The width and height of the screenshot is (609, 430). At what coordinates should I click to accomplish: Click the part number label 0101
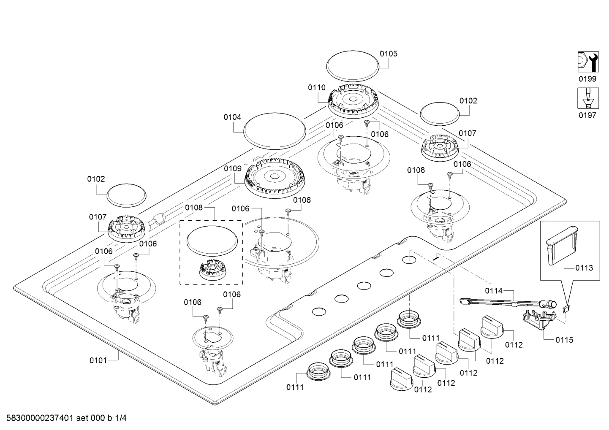[x=98, y=360]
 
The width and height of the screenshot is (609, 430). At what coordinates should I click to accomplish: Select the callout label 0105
[x=389, y=54]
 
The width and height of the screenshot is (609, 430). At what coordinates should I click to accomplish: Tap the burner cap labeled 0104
[x=275, y=131]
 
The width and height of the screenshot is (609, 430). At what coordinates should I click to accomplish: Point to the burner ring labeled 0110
[x=353, y=101]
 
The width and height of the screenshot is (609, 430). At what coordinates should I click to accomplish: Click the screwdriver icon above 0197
[x=588, y=98]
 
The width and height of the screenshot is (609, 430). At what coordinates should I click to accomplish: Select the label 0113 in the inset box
[x=584, y=268]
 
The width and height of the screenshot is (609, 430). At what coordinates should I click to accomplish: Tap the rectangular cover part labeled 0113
[x=562, y=245]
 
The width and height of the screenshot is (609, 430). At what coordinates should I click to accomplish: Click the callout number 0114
[x=494, y=291]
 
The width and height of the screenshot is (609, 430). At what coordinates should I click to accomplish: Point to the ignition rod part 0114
[x=508, y=303]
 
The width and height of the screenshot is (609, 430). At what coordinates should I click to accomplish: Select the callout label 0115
[x=564, y=340]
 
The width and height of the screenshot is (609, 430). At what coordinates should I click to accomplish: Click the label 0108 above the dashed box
[x=194, y=208]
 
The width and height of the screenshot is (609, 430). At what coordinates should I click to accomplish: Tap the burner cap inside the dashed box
[x=212, y=241]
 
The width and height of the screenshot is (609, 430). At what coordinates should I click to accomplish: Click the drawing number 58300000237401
[x=40, y=418]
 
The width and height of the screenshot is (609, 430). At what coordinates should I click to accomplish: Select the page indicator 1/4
[x=121, y=418]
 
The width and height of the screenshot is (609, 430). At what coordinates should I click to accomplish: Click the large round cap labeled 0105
[x=353, y=66]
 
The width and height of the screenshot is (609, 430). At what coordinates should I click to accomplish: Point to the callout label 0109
[x=233, y=169]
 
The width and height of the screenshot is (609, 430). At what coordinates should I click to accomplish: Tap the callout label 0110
[x=317, y=87]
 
